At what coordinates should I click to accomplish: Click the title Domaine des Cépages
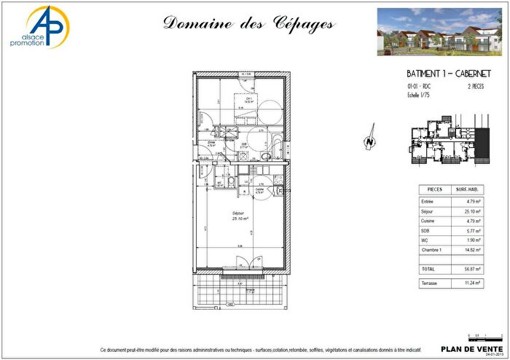click(x=248, y=24)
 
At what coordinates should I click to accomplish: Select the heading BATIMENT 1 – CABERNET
click(x=447, y=74)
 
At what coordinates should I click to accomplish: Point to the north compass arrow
click(x=370, y=140)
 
